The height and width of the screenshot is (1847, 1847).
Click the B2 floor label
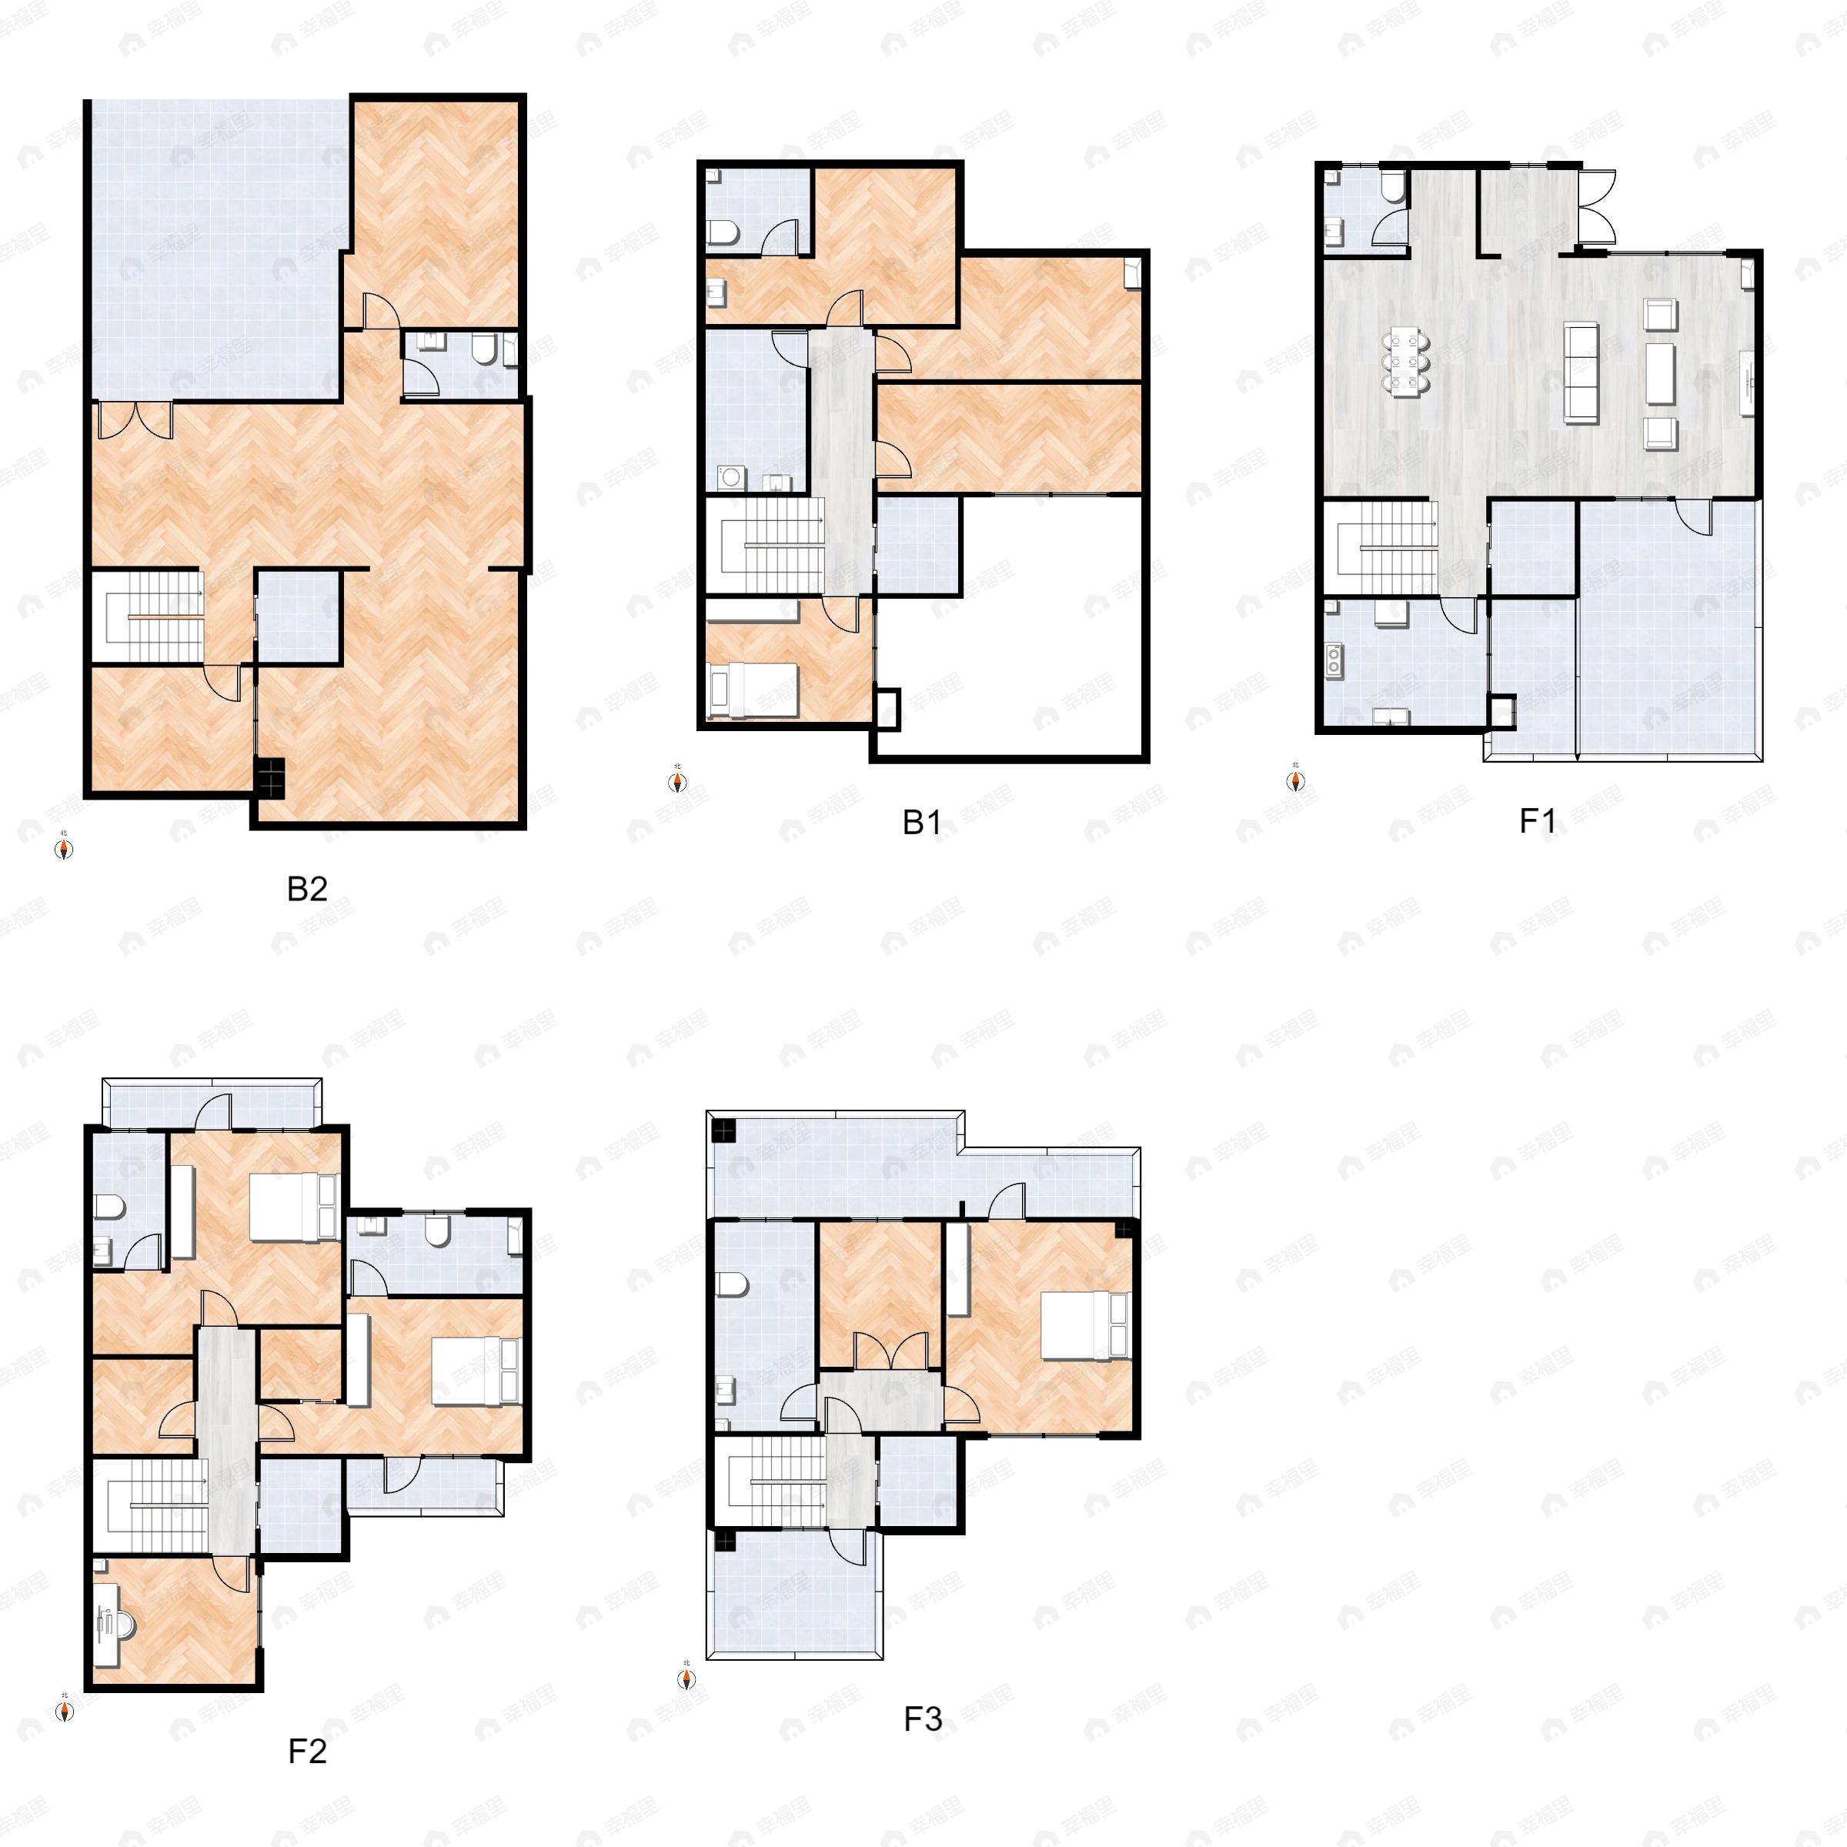click(x=307, y=889)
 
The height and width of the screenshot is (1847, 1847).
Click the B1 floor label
click(x=922, y=822)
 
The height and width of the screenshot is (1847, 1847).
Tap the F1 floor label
click(x=1538, y=820)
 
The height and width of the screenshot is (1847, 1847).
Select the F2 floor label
click(x=307, y=1752)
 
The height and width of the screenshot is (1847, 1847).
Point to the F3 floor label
click(x=923, y=1719)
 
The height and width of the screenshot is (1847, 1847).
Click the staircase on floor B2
click(x=149, y=616)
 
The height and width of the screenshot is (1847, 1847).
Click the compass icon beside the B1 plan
click(x=678, y=782)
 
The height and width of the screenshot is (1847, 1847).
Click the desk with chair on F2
click(x=114, y=1623)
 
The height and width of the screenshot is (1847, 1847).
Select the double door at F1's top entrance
click(x=1595, y=206)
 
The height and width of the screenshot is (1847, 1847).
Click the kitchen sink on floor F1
click(x=1334, y=660)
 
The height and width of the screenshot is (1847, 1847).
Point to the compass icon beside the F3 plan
click(x=686, y=1678)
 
